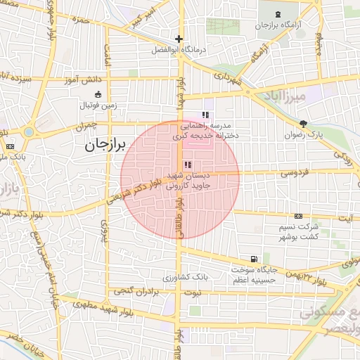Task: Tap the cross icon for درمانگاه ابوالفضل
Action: pyautogui.click(x=179, y=39)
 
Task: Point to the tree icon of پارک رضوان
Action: pyautogui.click(x=303, y=124)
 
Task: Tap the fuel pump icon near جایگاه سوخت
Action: pyautogui.click(x=254, y=259)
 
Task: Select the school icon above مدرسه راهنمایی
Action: pyautogui.click(x=205, y=115)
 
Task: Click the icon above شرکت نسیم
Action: pyautogui.click(x=298, y=216)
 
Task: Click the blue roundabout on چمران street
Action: pyautogui.click(x=29, y=132)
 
